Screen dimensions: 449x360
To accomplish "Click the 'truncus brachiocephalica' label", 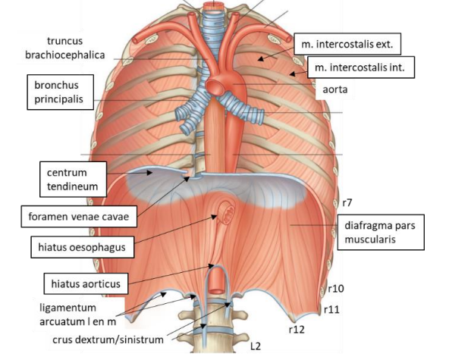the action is [65, 48].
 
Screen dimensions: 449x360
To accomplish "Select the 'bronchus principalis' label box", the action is [61, 92].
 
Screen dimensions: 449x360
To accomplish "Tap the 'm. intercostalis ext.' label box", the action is [347, 44].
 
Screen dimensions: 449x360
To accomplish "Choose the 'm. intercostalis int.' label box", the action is [361, 67].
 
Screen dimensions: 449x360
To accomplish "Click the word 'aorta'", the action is [335, 89].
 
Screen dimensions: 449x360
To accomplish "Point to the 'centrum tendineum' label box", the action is [73, 180].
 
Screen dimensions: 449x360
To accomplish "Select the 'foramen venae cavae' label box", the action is [79, 217].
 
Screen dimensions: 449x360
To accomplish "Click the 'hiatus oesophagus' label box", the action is [82, 247].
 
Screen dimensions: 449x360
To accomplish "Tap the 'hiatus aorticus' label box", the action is [86, 283].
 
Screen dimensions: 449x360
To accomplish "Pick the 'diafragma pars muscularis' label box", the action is [381, 232].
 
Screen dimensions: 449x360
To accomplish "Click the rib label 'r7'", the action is [347, 203].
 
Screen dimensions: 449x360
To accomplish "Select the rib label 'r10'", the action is [336, 289].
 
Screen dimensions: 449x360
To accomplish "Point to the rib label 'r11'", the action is [331, 309].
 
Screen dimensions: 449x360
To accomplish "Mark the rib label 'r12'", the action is [297, 330].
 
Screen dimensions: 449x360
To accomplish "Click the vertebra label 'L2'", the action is [256, 346].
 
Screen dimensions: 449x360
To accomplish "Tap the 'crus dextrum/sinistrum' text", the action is [108, 340].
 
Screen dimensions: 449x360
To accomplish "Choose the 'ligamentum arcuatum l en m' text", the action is [78, 315].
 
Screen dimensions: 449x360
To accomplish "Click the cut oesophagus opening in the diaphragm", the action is [227, 212].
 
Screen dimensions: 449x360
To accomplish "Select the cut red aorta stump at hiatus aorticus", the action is [216, 281].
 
